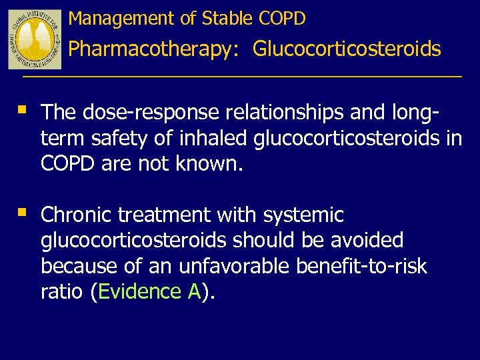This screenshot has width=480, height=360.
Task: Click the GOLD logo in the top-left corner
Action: tap(35, 39)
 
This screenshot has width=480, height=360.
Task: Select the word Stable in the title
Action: tap(223, 19)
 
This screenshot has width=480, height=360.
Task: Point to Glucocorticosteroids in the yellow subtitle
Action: tap(347, 49)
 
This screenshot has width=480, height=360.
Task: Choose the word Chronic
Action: tap(76, 215)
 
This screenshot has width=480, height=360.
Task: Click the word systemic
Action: tap(303, 215)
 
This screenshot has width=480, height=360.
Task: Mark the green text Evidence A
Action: tap(149, 291)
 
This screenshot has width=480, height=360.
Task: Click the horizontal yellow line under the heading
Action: tap(241, 78)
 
